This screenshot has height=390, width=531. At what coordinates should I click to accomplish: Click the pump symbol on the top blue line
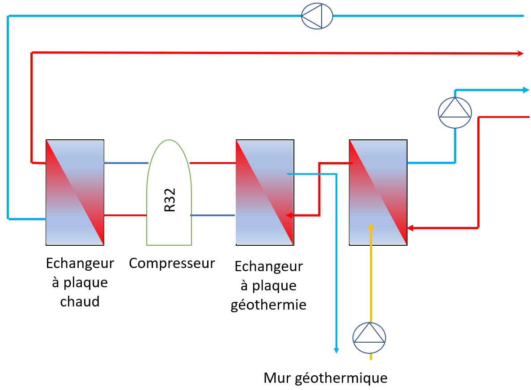317,17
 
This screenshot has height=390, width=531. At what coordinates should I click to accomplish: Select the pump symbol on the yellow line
370,338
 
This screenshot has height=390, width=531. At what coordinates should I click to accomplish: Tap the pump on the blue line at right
455,113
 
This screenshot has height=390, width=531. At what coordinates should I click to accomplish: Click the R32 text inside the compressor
170,200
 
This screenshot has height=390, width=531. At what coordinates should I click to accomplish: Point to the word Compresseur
172,263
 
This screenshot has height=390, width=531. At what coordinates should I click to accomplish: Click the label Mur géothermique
325,378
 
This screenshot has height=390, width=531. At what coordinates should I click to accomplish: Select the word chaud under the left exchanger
80,302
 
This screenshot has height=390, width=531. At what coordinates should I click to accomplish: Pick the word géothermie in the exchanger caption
268,305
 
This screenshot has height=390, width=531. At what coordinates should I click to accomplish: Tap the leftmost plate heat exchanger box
75,192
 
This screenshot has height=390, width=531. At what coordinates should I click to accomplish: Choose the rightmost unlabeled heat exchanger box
378,192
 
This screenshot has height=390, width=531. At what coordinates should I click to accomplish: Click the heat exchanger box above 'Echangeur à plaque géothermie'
265,192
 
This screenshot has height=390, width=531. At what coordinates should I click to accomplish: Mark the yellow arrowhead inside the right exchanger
370,226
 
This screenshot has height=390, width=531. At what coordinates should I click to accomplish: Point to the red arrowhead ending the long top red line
520,54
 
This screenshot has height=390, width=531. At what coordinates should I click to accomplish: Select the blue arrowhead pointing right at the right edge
526,90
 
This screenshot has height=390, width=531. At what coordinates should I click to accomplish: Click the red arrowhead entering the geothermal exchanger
290,215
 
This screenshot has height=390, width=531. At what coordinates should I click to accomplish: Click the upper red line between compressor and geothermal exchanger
213,163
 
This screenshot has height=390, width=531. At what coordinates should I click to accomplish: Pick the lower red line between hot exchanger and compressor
125,215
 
